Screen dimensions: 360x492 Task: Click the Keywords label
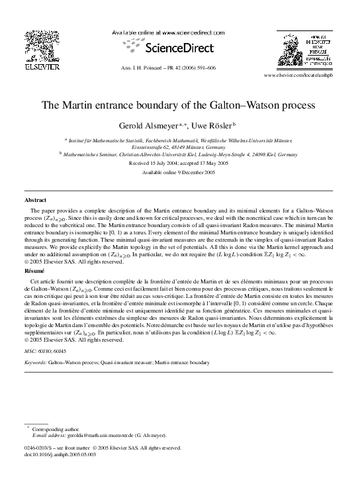(x=35, y=363)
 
